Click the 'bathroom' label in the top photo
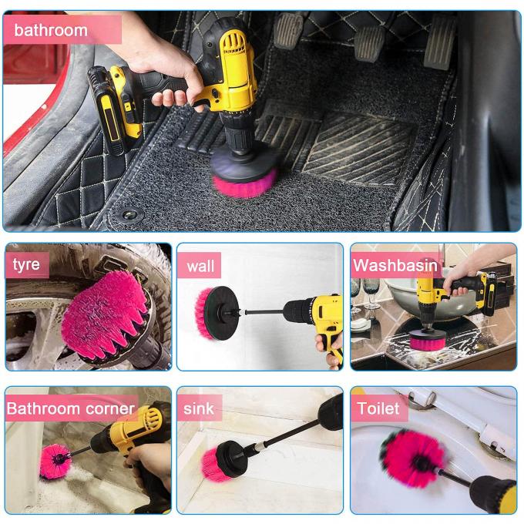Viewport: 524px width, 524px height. [x=51, y=31]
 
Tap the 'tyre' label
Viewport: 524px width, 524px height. [x=26, y=265]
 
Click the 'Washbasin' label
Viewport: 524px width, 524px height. [x=395, y=267]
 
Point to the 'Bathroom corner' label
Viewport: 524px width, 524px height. [x=71, y=408]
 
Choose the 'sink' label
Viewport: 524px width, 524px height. [x=198, y=408]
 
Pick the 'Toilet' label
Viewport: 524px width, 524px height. [x=378, y=408]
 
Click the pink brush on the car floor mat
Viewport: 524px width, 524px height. [x=245, y=183]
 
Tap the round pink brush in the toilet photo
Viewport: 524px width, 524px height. [x=412, y=458]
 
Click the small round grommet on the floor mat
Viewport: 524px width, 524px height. [x=129, y=214]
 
